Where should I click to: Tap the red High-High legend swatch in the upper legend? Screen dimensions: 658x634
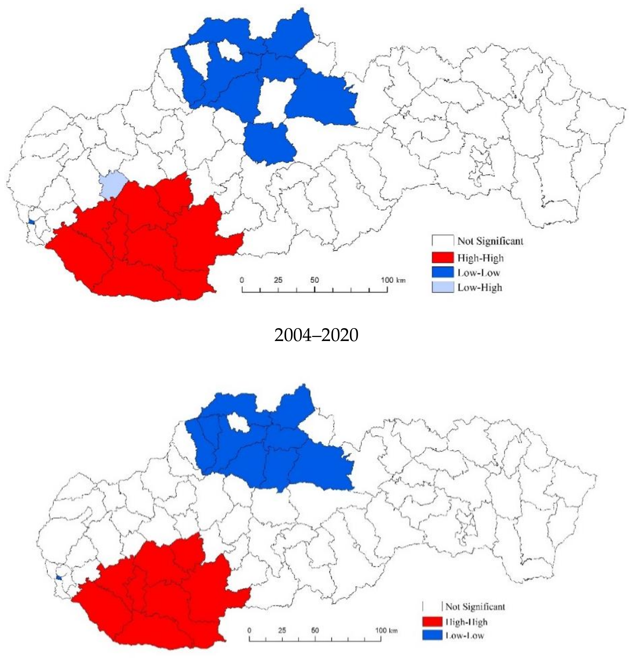pos(442,258)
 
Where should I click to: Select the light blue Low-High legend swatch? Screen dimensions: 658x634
pos(442,287)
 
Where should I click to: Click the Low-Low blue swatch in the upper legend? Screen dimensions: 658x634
pos(442,272)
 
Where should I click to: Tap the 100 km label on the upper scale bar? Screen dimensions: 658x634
pos(393,280)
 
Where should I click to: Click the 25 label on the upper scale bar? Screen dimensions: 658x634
pos(278,280)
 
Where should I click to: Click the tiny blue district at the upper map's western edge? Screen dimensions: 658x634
pos(31,222)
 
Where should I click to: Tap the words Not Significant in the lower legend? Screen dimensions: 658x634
pos(475,606)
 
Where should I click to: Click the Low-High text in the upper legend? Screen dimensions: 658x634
pos(480,287)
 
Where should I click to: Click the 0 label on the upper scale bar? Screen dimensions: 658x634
pos(242,280)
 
